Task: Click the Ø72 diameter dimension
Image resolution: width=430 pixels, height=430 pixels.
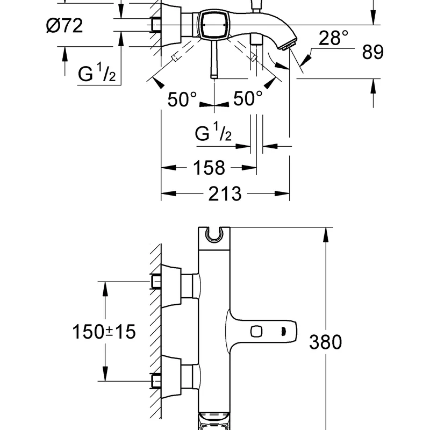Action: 64,26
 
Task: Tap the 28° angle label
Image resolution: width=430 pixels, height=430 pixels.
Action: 333,38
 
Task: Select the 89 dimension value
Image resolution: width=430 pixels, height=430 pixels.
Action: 372,52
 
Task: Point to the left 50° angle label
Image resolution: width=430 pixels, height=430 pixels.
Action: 182,99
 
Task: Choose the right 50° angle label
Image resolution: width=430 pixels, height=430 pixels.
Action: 248,98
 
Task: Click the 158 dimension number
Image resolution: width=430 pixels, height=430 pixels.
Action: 209,168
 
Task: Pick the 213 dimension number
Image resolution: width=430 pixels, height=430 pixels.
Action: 225,193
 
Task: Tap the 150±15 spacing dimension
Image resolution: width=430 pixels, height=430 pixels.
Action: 104,332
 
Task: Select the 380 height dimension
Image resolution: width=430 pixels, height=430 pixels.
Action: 326,342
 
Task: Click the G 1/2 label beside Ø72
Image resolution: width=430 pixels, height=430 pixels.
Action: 97,72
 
